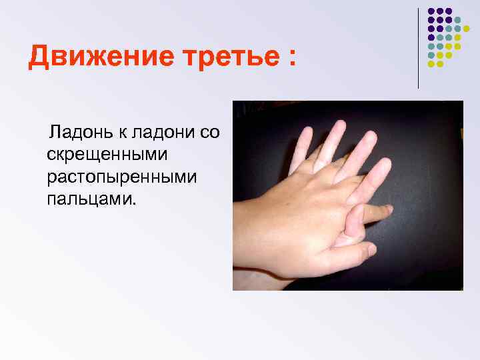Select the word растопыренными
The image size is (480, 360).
[113, 177]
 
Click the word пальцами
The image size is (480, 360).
[90, 199]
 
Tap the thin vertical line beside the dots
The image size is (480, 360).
[419, 47]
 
